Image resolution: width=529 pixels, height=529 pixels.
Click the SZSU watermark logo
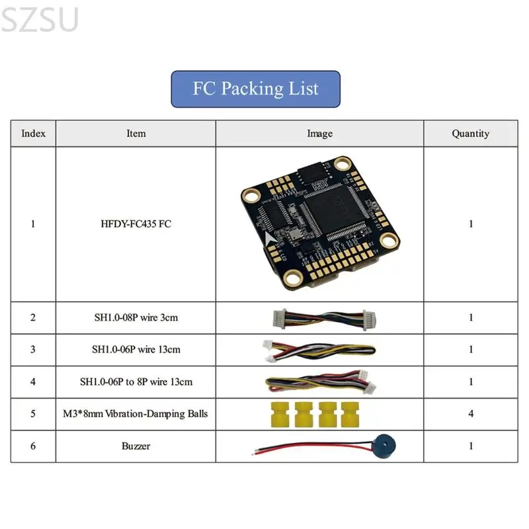(40, 20)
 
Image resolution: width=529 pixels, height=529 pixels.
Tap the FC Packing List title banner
(255, 89)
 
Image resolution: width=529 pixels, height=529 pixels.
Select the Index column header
(33, 134)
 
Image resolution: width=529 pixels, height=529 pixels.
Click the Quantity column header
(470, 134)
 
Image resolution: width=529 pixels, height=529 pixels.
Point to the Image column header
(319, 134)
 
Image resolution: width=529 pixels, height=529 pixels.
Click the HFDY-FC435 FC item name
(136, 224)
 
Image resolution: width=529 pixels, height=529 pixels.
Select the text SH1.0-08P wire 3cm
(136, 317)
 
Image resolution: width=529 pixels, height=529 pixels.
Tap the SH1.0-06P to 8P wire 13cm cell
(136, 382)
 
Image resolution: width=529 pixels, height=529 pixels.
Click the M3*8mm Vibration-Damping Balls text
(136, 414)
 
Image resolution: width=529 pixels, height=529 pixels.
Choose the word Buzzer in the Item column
(136, 446)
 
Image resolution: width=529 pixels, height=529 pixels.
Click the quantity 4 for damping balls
(471, 414)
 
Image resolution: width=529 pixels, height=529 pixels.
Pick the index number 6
(32, 446)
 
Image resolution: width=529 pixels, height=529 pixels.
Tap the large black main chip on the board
(335, 208)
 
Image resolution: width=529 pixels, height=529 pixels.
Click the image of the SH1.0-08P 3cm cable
(324, 319)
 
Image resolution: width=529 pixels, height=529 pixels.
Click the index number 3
(32, 350)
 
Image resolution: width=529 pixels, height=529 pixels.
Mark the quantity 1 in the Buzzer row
(471, 446)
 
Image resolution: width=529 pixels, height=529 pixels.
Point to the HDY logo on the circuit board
(319, 184)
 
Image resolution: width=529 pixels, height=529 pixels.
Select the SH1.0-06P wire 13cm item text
(136, 350)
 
